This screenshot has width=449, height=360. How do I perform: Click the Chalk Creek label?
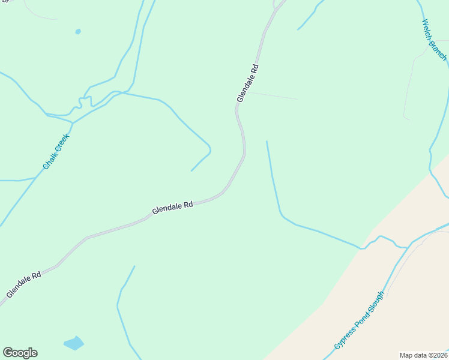[x=56, y=151]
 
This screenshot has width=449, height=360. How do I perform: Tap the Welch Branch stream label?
[x=434, y=40]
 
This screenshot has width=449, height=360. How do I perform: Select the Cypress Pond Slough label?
[x=358, y=321]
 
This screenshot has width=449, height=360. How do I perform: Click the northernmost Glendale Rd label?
[x=247, y=83]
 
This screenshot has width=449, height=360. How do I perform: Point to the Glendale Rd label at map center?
[x=172, y=208]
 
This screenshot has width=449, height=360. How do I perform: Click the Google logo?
[x=20, y=353]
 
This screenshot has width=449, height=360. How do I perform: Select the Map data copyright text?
[x=424, y=355]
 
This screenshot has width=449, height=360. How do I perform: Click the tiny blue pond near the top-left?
[x=78, y=31]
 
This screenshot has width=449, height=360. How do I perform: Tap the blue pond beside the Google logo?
[x=74, y=343]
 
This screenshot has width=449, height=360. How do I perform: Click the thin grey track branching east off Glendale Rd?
[x=273, y=95]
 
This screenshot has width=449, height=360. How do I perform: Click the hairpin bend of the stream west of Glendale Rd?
[x=208, y=146]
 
